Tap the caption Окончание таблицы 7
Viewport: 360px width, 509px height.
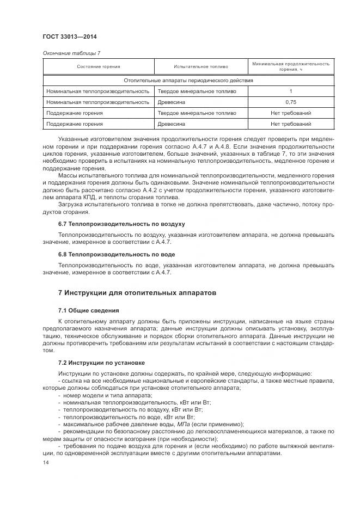pos(71,53)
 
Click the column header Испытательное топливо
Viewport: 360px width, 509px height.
pos(200,66)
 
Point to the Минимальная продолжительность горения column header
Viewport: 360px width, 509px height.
pos(291,66)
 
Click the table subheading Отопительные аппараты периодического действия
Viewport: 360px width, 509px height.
pos(188,80)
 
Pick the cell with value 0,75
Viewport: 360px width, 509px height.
pos(291,102)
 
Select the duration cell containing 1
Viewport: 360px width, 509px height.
pos(291,91)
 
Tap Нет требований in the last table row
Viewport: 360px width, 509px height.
pos(291,124)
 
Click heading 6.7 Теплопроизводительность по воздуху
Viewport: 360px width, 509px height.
pos(121,224)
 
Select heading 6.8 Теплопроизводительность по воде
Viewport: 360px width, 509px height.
pos(117,254)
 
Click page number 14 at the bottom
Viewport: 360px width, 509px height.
pos(45,462)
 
